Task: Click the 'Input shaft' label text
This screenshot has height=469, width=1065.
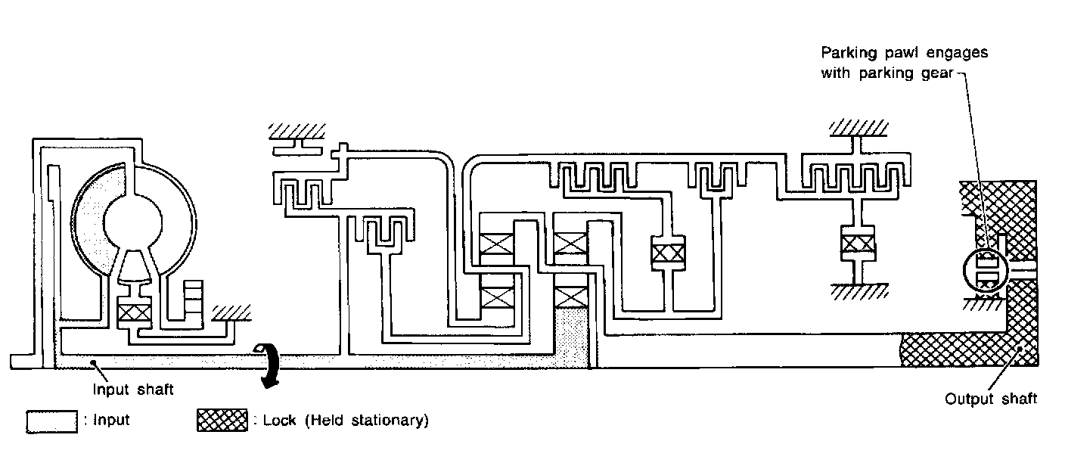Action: [x=133, y=390]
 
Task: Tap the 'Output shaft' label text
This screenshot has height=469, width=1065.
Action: [x=991, y=399]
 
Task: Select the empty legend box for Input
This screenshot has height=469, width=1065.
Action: [x=51, y=421]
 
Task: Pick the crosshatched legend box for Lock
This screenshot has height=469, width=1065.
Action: [x=222, y=421]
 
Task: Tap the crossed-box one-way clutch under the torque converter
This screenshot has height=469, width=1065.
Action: [x=135, y=312]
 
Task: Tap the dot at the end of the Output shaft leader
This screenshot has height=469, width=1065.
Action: [x=1022, y=349]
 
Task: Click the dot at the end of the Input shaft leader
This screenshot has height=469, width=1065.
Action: [x=92, y=364]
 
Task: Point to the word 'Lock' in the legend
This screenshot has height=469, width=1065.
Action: [x=279, y=421]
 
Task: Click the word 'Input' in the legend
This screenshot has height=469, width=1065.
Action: [x=112, y=421]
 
